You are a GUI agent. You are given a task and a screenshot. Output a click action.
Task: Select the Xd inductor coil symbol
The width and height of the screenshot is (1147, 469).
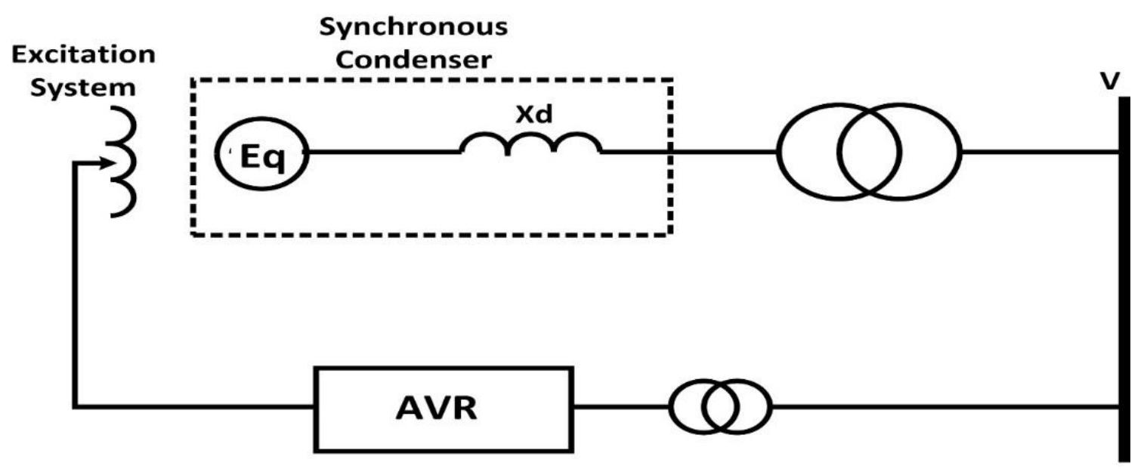click(x=531, y=143)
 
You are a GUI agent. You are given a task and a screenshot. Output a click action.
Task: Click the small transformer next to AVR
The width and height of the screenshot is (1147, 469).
click(x=720, y=408)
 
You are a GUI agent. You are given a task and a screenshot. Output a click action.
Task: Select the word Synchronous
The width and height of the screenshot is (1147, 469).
click(x=413, y=29)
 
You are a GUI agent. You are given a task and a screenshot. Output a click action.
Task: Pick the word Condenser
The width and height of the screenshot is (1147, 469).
click(x=413, y=60)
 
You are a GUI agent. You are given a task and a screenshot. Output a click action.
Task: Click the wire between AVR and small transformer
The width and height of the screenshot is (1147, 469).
click(x=620, y=408)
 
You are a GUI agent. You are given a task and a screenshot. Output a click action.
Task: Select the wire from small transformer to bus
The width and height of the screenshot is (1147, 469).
click(x=944, y=408)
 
